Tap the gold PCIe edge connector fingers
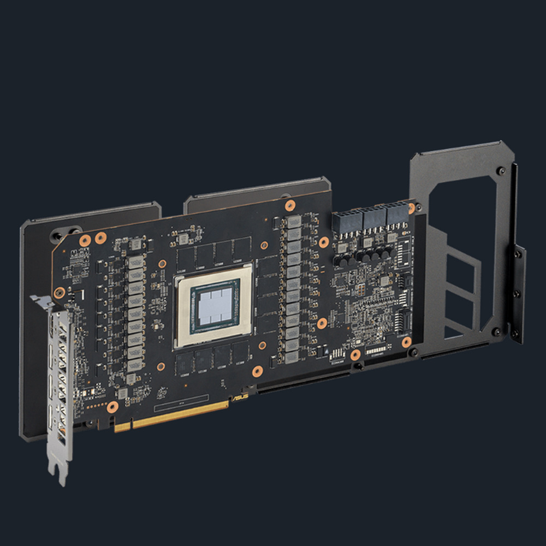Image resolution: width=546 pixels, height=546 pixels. click(180, 414)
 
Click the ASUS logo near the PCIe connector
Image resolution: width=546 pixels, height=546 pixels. click(239, 398)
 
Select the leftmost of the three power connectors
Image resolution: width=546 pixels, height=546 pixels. click(345, 221)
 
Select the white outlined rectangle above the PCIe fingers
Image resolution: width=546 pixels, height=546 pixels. click(181, 403)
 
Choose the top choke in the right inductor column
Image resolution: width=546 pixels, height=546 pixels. click(295, 222)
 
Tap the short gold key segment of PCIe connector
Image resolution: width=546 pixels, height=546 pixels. click(122, 426)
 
